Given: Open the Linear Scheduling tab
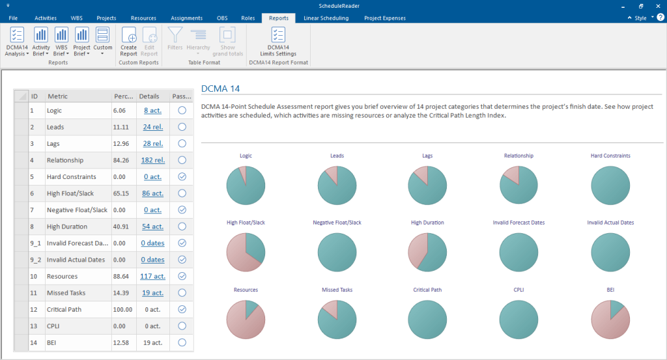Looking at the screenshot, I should click(326, 18).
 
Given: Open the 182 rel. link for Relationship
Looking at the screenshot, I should click(153, 160).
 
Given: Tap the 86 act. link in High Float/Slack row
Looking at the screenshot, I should click(153, 193).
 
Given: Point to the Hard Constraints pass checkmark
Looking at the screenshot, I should click(182, 176).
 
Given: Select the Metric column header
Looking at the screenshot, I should click(58, 96).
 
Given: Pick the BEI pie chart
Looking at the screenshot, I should click(610, 318).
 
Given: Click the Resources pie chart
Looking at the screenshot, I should click(246, 318).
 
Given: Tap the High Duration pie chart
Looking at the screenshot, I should click(427, 251).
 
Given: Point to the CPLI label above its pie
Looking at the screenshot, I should click(518, 290).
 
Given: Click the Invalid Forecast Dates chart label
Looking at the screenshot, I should click(518, 223).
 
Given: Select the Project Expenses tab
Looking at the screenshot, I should click(384, 18).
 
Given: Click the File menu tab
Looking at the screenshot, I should click(13, 18).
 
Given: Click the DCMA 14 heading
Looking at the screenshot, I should click(221, 89).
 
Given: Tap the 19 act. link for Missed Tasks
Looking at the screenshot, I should click(153, 293).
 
